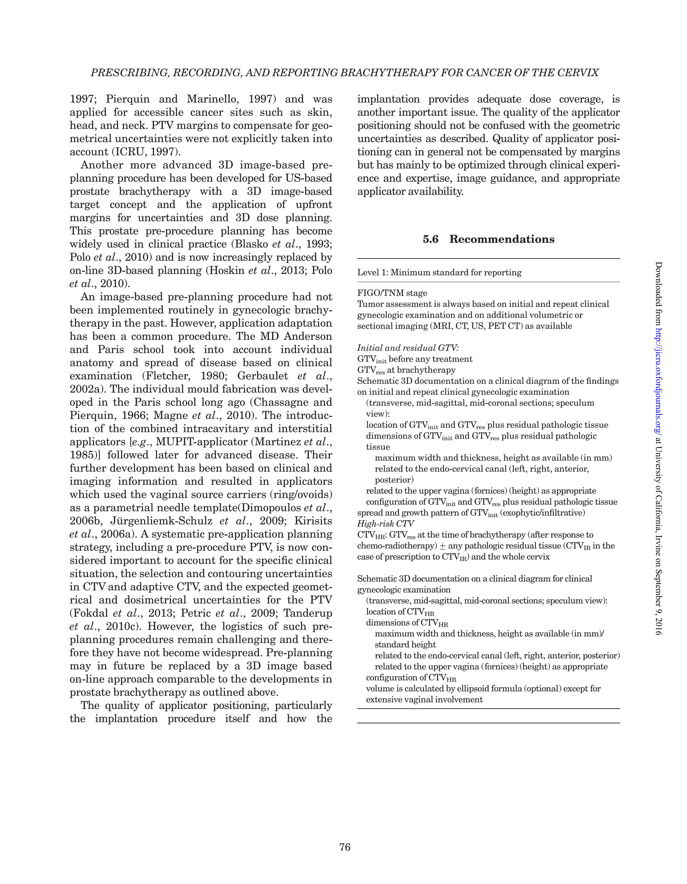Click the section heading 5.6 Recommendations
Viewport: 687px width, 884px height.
[x=488, y=239]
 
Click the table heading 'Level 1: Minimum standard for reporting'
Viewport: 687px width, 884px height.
[x=439, y=272]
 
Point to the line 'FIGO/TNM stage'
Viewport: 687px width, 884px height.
[x=392, y=293]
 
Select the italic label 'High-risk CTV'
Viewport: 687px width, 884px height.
[x=385, y=524]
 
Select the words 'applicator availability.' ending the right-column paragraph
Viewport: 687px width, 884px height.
[x=410, y=191]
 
